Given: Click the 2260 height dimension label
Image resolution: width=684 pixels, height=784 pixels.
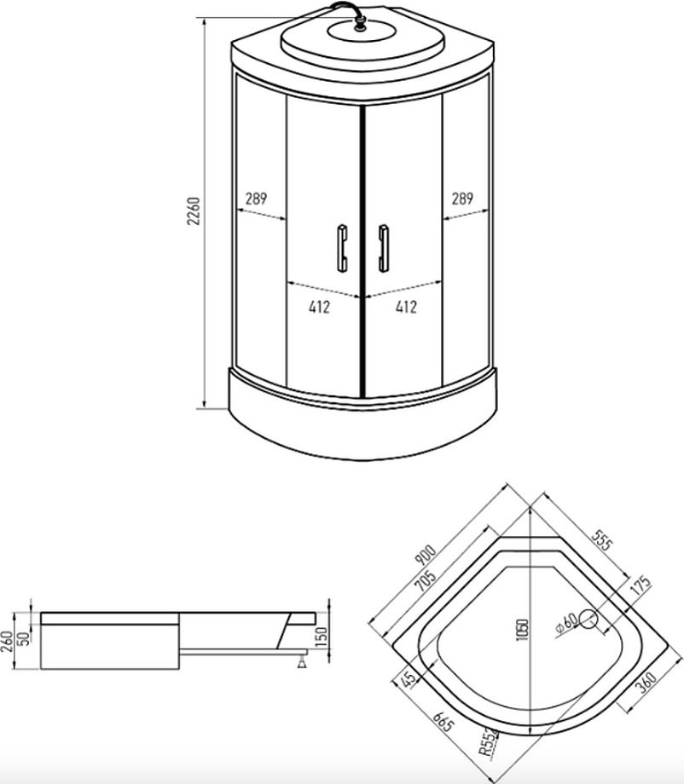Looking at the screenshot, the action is [193, 211].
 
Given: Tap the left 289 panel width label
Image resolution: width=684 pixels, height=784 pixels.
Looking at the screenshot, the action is [256, 199].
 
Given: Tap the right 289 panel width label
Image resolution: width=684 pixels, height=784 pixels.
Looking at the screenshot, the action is [462, 199].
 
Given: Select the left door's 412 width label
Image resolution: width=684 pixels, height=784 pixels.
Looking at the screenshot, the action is [319, 307].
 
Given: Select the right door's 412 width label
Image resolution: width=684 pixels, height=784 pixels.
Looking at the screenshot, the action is [406, 307].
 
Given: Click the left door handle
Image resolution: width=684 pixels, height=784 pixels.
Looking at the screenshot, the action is [342, 248].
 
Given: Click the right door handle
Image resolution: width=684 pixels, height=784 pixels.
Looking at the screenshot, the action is [384, 248].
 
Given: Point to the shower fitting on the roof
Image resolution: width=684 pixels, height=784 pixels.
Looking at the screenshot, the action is [359, 23].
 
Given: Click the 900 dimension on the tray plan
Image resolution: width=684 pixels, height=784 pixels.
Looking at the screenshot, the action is [426, 555].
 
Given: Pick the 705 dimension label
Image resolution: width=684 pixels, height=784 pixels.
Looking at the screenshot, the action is [426, 580].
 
